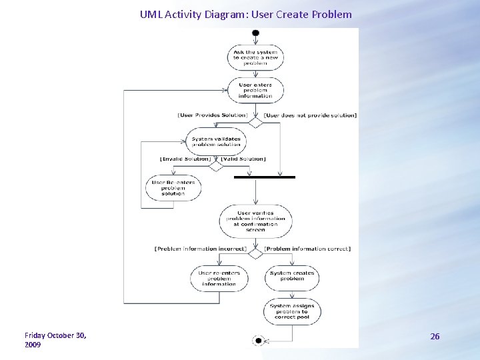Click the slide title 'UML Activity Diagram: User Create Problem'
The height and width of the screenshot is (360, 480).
245,14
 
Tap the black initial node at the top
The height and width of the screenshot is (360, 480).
255,31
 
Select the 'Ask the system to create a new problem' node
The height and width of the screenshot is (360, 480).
255,57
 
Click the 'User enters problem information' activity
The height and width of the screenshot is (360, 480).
255,90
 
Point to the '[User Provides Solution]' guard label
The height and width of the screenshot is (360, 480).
212,115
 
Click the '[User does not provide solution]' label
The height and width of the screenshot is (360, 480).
310,115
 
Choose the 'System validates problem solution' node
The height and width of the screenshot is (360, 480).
216,142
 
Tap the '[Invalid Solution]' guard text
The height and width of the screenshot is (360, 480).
186,159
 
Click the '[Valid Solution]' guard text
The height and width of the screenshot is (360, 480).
243,159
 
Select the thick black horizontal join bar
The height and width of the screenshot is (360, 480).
265,177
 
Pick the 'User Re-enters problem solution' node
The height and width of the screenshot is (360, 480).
173,188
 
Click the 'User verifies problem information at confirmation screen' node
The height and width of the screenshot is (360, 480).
255,221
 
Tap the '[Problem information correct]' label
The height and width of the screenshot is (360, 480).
307,249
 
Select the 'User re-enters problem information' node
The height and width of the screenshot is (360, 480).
219,278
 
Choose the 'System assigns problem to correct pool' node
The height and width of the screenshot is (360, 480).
292,311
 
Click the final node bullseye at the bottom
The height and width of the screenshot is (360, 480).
258,341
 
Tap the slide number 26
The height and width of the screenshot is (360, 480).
435,337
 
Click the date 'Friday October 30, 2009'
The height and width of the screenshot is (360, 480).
55,340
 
